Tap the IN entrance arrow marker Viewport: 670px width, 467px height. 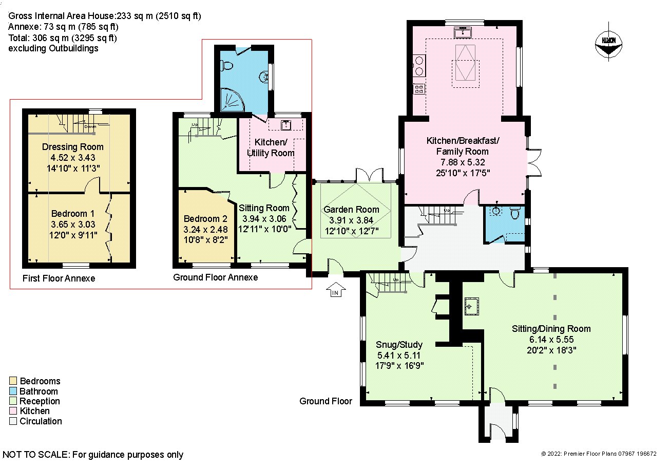click(x=336, y=290)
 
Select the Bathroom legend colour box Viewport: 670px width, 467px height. click(x=13, y=391)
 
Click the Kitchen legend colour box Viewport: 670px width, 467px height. click(x=13, y=412)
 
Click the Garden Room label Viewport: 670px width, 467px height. click(x=351, y=209)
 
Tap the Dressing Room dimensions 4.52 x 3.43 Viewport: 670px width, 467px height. click(x=73, y=157)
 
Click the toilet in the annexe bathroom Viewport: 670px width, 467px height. click(x=224, y=65)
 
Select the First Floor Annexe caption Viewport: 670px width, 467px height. click(x=59, y=278)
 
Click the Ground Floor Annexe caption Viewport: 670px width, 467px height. click(x=215, y=277)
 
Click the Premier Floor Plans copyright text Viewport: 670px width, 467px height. click(x=599, y=454)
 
